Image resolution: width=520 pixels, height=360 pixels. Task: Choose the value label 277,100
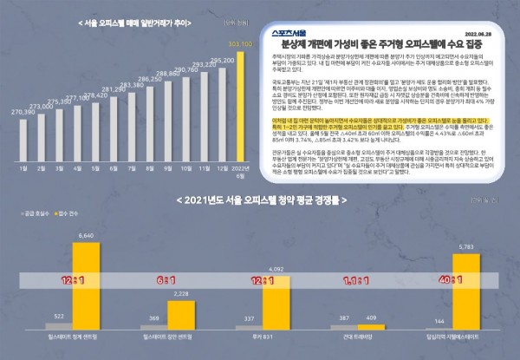click(81, 98)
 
